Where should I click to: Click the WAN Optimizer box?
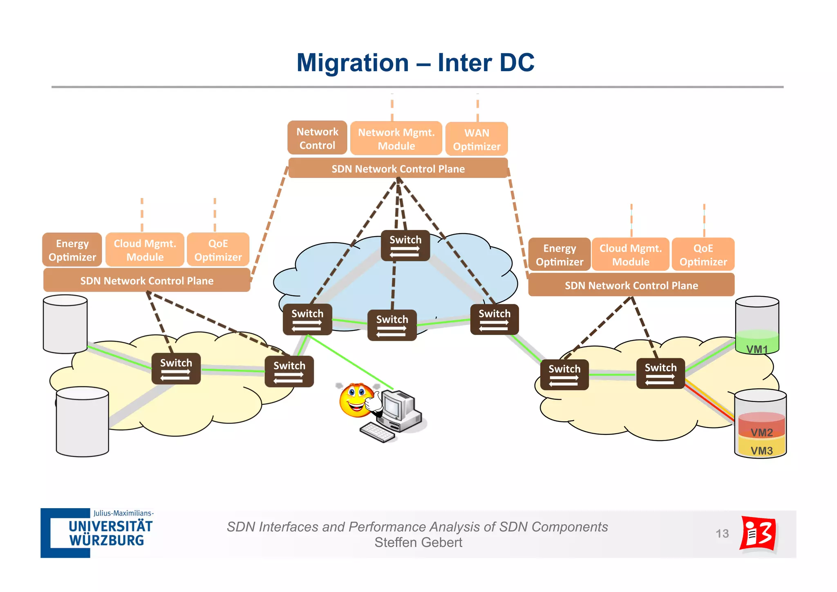tap(477, 139)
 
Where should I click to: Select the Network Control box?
tap(317, 138)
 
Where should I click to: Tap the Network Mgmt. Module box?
tap(396, 139)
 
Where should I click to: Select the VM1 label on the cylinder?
tap(757, 349)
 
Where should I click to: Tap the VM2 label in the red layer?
tap(761, 432)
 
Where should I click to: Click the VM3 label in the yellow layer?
tap(761, 450)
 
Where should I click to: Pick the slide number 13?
tap(722, 533)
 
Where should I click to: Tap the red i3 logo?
tap(758, 534)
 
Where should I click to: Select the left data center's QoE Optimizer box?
tap(218, 250)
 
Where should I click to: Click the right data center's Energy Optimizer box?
tap(559, 255)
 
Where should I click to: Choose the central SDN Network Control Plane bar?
tap(398, 169)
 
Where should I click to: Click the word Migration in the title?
tap(352, 63)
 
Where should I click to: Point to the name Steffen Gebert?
tap(418, 542)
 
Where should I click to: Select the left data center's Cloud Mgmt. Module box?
tap(145, 250)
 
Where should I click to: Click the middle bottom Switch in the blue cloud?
tap(392, 325)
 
